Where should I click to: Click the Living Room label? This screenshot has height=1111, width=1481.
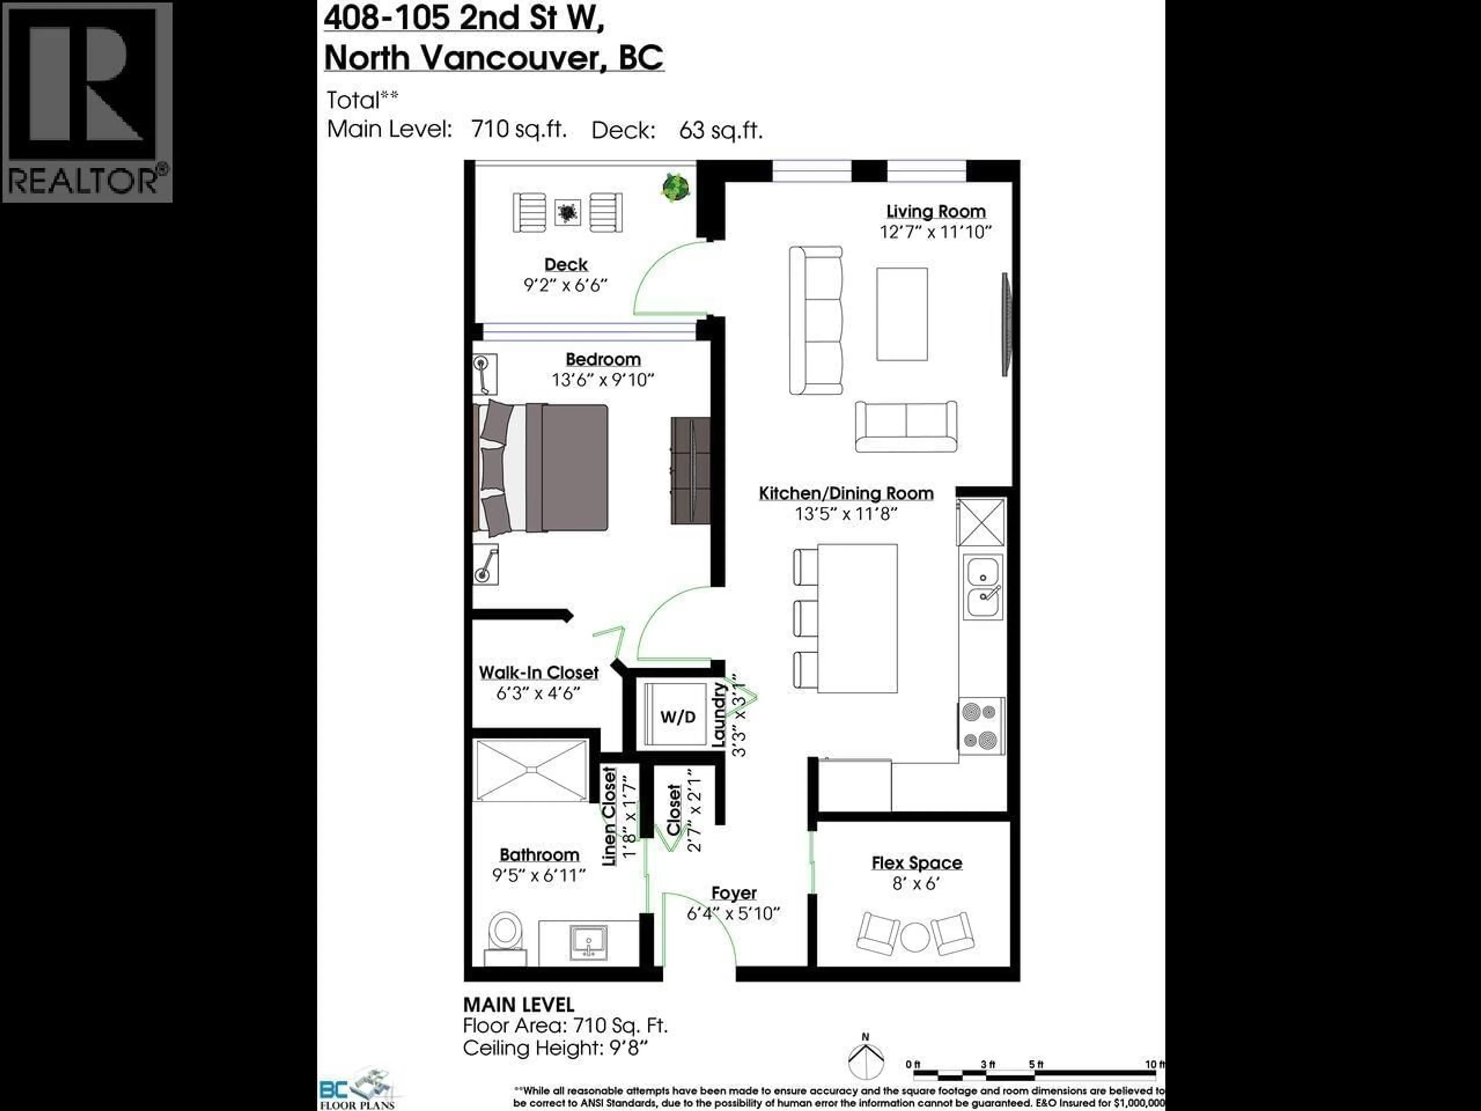click(935, 212)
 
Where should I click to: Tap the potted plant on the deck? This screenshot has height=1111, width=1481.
click(676, 186)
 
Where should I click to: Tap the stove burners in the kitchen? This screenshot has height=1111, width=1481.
click(982, 726)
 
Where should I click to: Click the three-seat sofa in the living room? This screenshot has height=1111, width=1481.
click(815, 320)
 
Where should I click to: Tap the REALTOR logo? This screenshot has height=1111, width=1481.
click(87, 102)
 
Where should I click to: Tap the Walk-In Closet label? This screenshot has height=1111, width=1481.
click(538, 672)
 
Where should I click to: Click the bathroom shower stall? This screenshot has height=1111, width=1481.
click(531, 770)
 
